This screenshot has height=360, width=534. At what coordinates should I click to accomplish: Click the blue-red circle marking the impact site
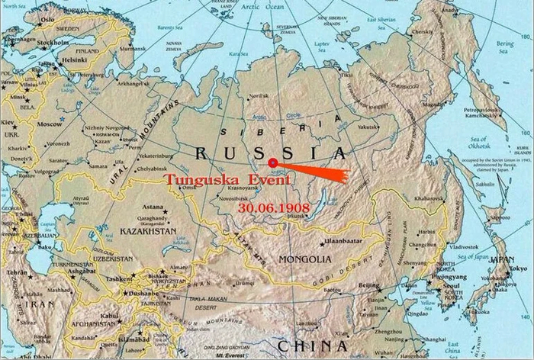point(272,162)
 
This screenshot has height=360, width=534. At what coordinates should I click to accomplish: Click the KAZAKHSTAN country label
point(147,230)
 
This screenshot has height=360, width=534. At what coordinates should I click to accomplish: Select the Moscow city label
point(50,124)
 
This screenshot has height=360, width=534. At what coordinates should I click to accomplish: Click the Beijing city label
point(368,285)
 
